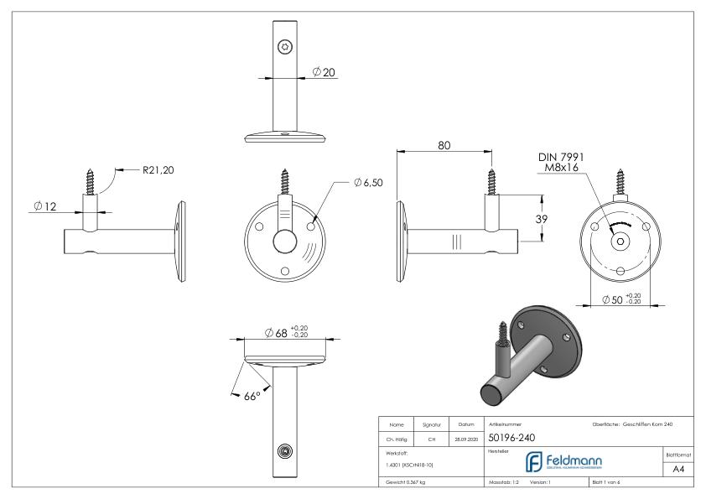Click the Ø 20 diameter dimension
tap(323, 73)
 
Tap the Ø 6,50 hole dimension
tap(363, 183)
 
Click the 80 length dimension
tap(444, 145)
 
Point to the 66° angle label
tap(249, 395)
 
